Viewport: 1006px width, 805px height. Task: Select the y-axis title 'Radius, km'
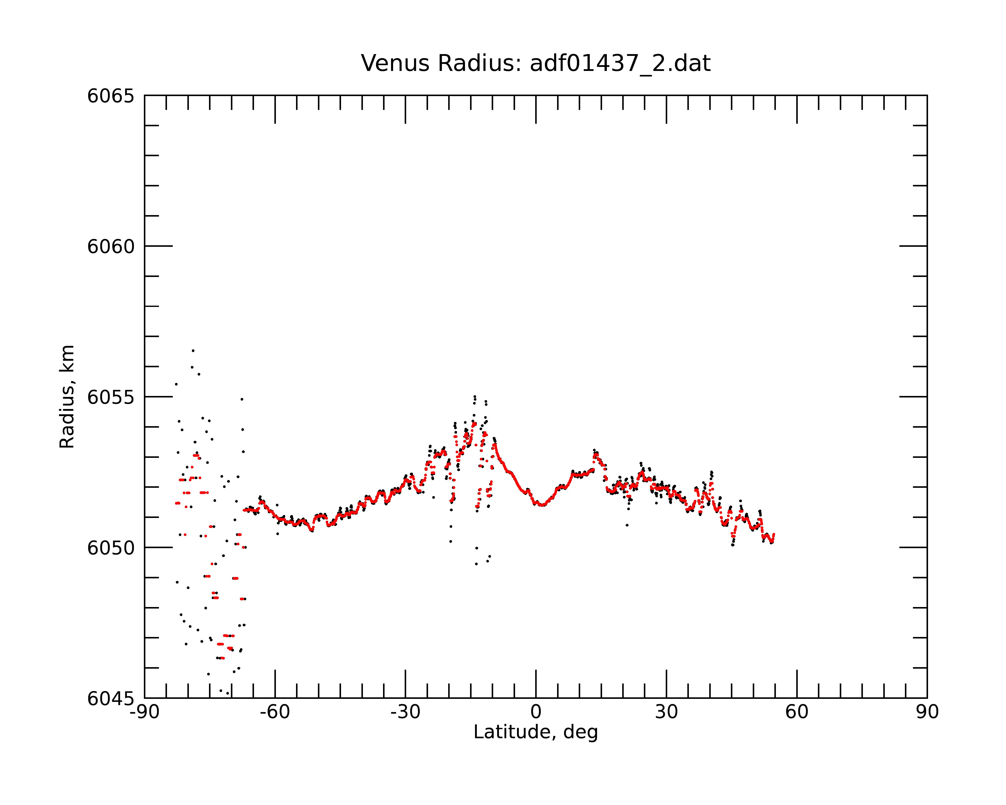tap(67, 397)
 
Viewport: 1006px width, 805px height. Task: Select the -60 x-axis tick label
tap(275, 712)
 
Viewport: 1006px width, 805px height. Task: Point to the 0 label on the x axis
tap(536, 712)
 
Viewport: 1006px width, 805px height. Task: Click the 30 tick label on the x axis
tap(666, 712)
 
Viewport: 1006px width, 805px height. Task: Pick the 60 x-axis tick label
tap(797, 712)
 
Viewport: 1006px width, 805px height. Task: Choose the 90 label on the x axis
tap(927, 712)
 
